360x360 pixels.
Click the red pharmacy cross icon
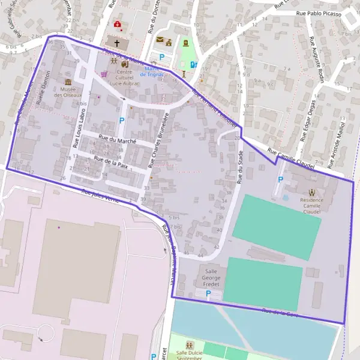118,25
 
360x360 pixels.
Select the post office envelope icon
160,40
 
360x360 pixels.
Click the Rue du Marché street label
117,141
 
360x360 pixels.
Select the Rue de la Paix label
111,160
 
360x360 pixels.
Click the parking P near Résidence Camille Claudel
280,179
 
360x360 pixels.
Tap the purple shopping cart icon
104,74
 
